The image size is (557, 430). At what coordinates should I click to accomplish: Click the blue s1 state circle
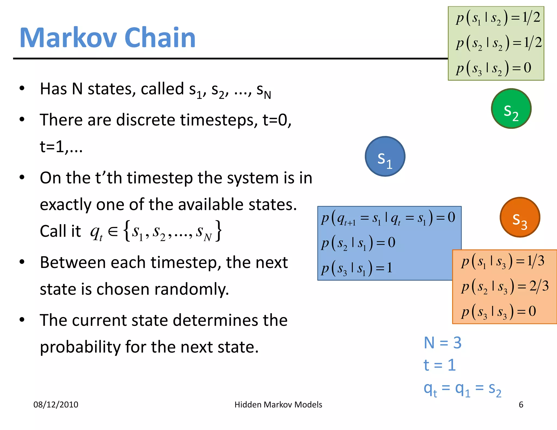[x=385, y=157]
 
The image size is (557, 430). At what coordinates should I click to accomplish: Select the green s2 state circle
[x=511, y=109]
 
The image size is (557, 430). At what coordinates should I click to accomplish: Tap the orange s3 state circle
[x=520, y=217]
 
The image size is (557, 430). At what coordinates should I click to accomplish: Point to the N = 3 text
[x=442, y=343]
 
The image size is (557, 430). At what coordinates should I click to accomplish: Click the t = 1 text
[x=440, y=365]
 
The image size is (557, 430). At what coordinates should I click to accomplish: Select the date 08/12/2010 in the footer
[x=56, y=405]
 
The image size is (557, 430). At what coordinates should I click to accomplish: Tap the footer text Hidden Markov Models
[x=278, y=405]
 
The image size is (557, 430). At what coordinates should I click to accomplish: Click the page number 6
[x=521, y=405]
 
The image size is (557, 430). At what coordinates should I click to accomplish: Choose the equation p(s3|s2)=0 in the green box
[x=494, y=68]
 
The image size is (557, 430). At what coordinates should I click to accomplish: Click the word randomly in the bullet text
[x=192, y=289]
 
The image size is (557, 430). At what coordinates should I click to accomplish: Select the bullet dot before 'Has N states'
[x=22, y=88]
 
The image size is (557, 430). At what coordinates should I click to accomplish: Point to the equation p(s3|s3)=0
[x=499, y=311]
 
